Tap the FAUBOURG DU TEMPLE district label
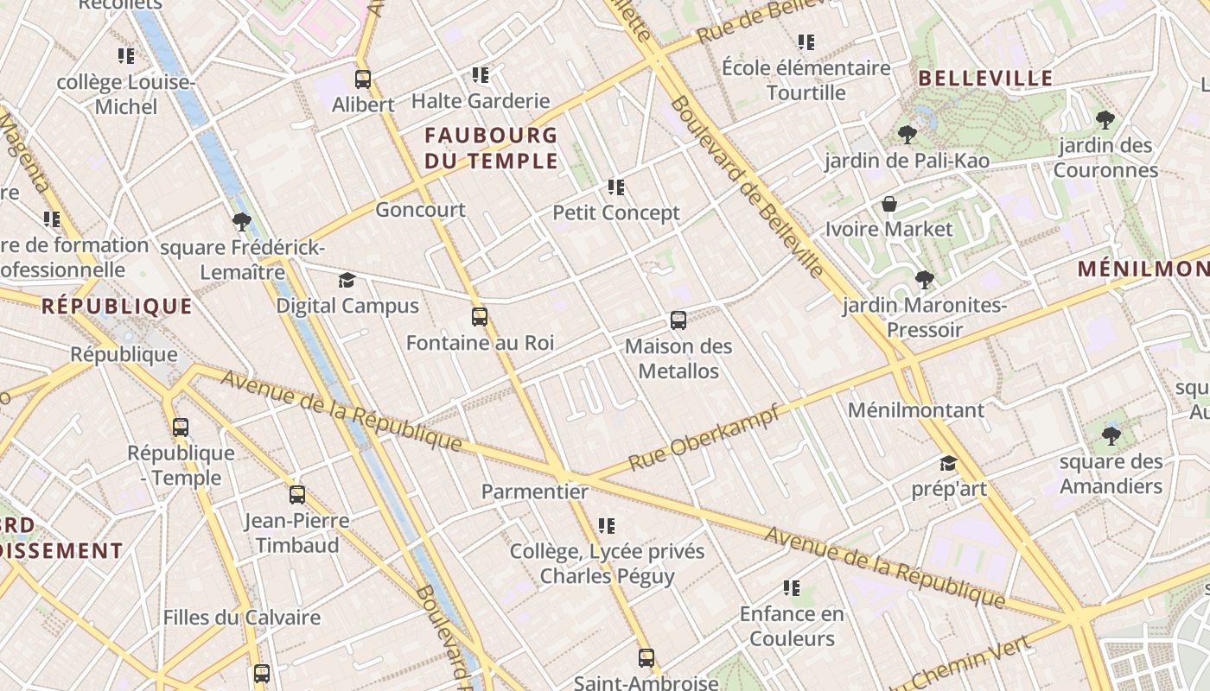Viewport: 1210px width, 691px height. tap(491, 148)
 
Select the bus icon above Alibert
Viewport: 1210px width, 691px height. tap(363, 79)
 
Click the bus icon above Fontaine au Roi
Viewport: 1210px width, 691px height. tap(480, 317)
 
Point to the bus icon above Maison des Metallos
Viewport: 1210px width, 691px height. tap(678, 320)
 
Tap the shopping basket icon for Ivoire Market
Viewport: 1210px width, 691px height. tap(888, 204)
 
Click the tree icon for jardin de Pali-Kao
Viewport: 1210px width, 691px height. tap(907, 134)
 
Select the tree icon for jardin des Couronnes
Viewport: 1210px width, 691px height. tap(1105, 120)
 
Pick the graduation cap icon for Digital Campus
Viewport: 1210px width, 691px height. tap(347, 280)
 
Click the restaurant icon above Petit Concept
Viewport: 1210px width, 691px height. tap(616, 187)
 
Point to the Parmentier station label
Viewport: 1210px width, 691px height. tap(534, 491)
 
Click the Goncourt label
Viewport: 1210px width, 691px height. tap(420, 209)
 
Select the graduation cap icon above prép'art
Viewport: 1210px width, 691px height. tap(948, 464)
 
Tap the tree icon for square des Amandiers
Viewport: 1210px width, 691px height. tap(1111, 435)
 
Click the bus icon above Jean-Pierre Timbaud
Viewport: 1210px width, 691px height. tap(297, 495)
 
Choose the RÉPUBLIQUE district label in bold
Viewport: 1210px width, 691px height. tap(117, 306)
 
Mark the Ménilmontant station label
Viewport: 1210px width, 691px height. tap(916, 409)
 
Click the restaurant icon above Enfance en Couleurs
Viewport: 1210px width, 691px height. tap(791, 588)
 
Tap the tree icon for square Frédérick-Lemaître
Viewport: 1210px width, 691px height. tap(242, 222)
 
